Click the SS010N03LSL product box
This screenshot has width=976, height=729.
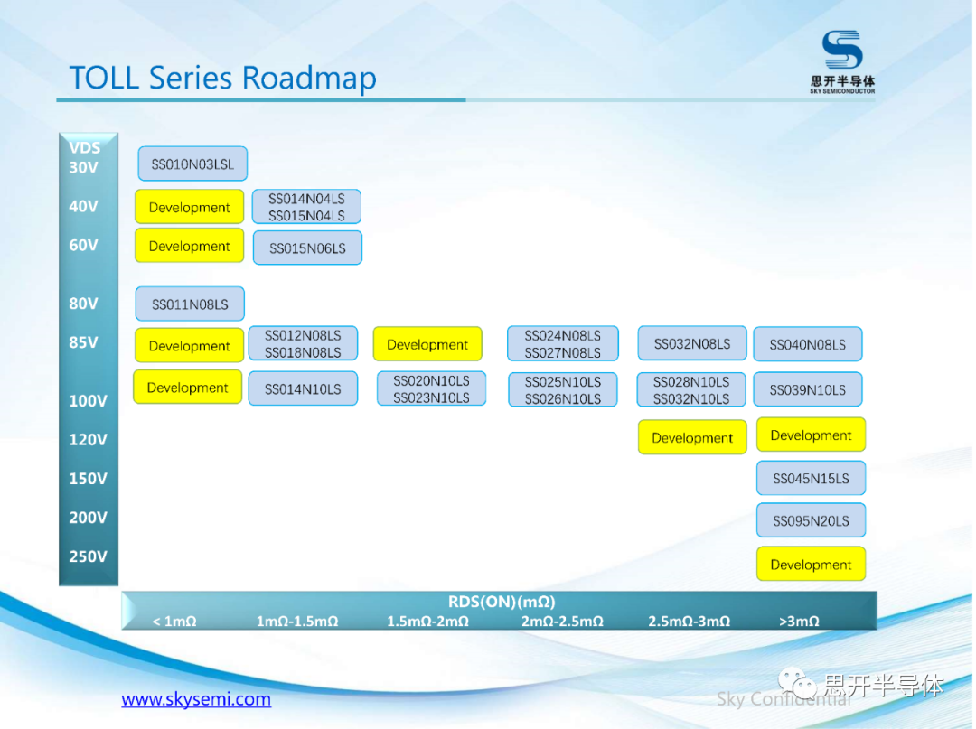click(192, 164)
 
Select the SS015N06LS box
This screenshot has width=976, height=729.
click(307, 248)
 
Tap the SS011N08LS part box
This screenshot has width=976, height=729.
click(190, 304)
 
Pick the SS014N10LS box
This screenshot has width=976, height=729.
click(303, 389)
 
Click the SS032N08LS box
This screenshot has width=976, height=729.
click(692, 343)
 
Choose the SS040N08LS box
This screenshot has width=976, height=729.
click(808, 344)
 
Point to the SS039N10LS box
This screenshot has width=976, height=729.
click(808, 390)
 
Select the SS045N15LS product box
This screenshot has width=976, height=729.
click(811, 479)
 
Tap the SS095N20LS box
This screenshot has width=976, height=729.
click(811, 521)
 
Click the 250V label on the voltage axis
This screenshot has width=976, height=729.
click(88, 556)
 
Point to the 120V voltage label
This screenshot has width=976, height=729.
click(88, 440)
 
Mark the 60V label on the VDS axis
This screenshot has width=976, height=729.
click(84, 246)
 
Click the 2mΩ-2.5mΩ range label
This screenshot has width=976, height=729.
click(562, 622)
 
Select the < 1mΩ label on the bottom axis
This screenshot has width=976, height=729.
click(174, 622)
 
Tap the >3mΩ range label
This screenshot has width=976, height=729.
click(799, 622)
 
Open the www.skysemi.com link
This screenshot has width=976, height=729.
click(196, 699)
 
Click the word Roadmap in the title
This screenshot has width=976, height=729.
click(309, 79)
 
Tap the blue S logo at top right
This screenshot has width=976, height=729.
click(842, 51)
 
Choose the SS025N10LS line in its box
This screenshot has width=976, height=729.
click(562, 382)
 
